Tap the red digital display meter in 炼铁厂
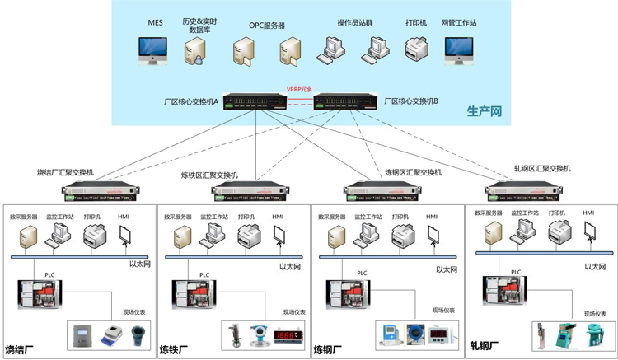coord(287,335)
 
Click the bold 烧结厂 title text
coord(22,349)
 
